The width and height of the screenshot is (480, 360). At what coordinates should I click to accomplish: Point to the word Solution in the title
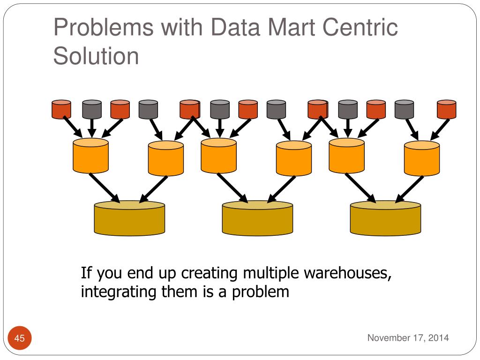pos(96,56)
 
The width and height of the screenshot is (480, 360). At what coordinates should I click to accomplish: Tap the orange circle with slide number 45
pos(20,338)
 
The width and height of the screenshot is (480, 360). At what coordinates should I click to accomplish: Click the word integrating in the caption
pos(118,292)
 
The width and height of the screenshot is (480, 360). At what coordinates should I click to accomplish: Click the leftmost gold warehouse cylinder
pos(129,218)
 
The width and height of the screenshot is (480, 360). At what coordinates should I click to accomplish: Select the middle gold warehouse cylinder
pos(257,218)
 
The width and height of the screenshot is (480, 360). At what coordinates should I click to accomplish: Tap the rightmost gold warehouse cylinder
pos(386,218)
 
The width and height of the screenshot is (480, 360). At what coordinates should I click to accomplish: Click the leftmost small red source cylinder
pos(61,109)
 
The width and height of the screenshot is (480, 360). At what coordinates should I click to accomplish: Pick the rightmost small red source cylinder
pos(446,109)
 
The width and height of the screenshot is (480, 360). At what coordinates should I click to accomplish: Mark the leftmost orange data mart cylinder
pos(91,156)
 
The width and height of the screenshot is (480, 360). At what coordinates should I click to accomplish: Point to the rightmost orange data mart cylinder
pos(422,158)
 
